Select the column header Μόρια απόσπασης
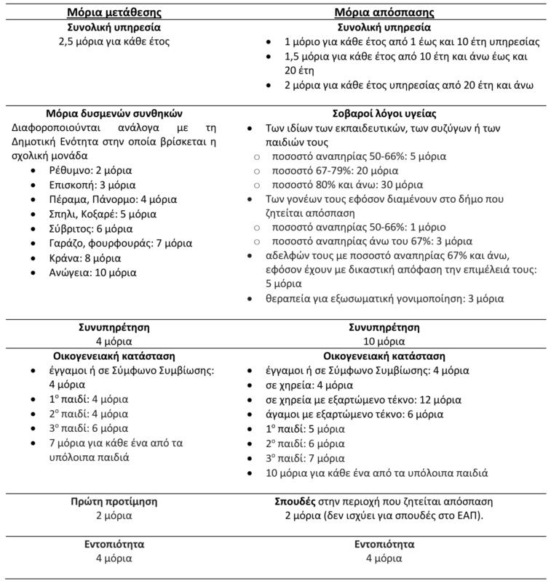394,13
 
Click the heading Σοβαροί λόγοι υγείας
394,113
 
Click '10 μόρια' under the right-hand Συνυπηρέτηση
395,340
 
